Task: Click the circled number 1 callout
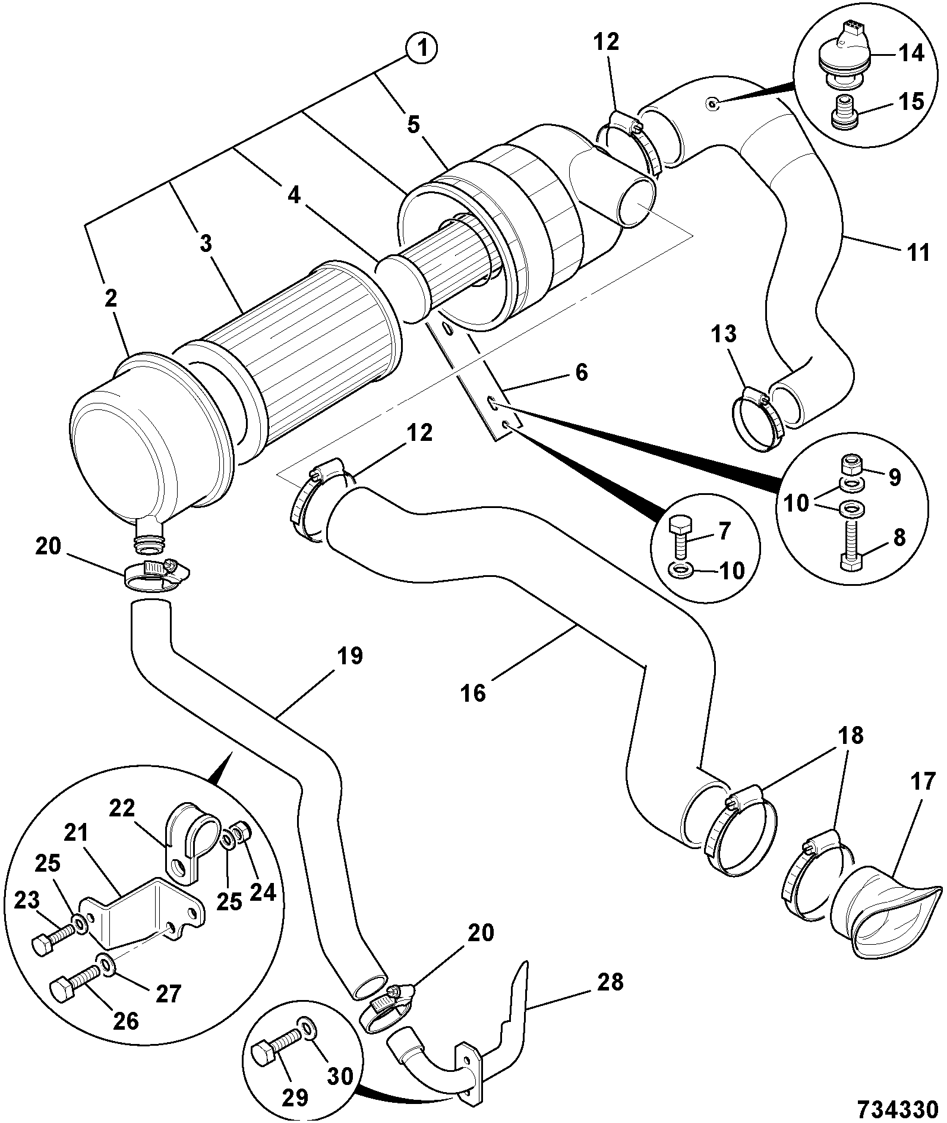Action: pos(422,49)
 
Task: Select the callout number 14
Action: pos(911,53)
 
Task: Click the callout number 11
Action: pos(918,252)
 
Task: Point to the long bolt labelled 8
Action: pos(852,543)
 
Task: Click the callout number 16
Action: pos(474,692)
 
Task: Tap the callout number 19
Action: pos(350,656)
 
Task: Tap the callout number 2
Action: pos(111,299)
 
